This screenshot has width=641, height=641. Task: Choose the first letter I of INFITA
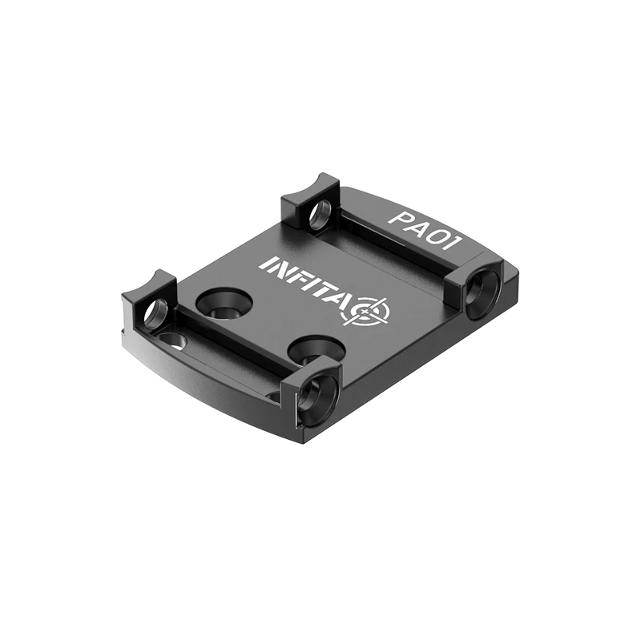click(x=267, y=264)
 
